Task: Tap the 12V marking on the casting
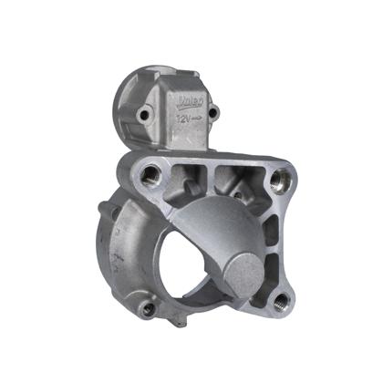[184, 119]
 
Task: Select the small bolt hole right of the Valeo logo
[215, 112]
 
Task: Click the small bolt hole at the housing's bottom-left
[149, 309]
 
